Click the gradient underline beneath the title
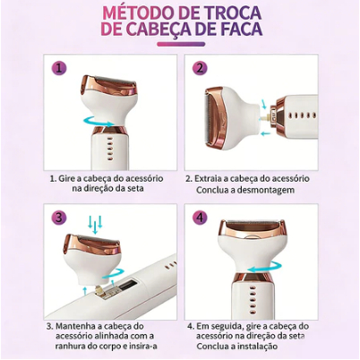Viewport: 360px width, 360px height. point(181,44)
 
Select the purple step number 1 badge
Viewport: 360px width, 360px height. point(58,68)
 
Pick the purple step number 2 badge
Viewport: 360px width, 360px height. point(200,69)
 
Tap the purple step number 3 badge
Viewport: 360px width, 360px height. point(58,218)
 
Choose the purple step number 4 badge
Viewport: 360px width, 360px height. point(200,218)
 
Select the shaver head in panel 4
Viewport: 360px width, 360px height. point(252,244)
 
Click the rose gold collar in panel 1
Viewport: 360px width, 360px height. point(108,130)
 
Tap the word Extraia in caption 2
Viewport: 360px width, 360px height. point(208,178)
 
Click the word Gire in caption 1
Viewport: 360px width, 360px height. point(65,179)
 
